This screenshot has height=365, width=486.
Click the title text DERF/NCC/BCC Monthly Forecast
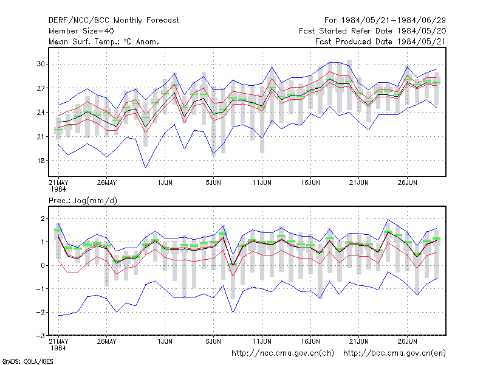(114, 21)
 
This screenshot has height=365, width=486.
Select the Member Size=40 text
(81, 31)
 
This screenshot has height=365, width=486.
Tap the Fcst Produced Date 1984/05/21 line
(380, 41)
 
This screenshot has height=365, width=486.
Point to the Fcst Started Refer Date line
(372, 31)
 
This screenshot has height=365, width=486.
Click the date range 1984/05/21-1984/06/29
(393, 21)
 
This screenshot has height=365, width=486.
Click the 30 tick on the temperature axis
(41, 64)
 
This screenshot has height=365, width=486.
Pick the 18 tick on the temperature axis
(41, 161)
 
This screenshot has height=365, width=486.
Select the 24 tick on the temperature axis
(41, 113)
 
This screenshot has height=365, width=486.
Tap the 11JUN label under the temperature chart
(262, 182)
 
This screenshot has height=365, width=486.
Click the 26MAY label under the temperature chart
(107, 182)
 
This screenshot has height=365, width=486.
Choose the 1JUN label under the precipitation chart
(165, 341)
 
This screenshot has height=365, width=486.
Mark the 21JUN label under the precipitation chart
(359, 341)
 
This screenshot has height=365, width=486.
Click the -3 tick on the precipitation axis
(41, 336)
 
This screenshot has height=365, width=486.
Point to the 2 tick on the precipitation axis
(43, 218)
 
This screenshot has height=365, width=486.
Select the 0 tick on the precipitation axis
(43, 265)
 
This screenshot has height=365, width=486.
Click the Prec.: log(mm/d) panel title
(83, 201)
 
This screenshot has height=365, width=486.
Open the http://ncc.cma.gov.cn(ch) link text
(282, 353)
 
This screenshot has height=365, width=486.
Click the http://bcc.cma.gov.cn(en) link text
(394, 353)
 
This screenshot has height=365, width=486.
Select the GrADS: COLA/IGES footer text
(27, 361)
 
